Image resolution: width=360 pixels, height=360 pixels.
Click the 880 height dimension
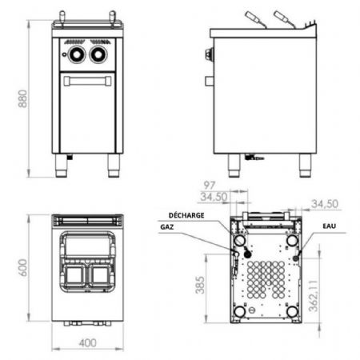tap(22, 98)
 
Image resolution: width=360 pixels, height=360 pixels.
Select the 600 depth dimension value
tap(22, 267)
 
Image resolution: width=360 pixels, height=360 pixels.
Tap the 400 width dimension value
tap(88, 343)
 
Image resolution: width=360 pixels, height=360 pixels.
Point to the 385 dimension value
tap(200, 285)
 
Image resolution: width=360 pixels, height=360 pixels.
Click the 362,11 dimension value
tap(314, 295)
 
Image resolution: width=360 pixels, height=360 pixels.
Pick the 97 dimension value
tap(210, 185)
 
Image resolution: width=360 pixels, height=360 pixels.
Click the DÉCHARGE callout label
tap(186, 215)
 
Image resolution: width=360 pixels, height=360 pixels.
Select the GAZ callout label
tap(167, 227)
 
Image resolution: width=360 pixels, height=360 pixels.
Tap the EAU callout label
tap(330, 226)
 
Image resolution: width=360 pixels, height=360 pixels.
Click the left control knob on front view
tap(77, 54)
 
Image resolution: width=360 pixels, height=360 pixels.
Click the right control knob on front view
tap(98, 54)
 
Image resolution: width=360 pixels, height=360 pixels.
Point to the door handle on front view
tap(87, 81)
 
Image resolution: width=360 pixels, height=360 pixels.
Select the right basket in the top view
tap(100, 275)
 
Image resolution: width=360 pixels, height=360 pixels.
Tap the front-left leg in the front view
tap(61, 166)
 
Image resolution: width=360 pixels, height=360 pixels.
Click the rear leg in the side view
tap(305, 166)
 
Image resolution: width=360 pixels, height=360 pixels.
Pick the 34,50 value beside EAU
tap(325, 204)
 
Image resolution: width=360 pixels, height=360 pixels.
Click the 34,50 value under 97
tap(214, 197)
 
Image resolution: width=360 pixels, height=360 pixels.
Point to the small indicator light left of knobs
tap(64, 54)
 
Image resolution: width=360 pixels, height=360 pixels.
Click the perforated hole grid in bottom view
tap(266, 280)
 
